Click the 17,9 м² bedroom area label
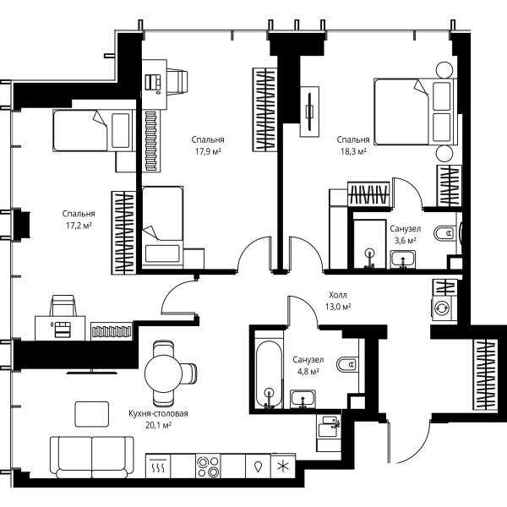tap(208, 151)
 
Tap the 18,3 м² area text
tap(353, 151)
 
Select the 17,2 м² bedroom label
tap(79, 226)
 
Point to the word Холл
tap(338, 295)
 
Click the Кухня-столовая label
tap(158, 413)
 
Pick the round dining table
tap(164, 373)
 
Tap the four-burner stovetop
tap(208, 466)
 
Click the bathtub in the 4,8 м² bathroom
tap(269, 374)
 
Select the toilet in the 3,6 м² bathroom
tap(445, 232)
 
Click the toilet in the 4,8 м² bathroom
tap(347, 364)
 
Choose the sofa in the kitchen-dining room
tap(92, 457)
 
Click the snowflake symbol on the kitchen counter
tap(283, 466)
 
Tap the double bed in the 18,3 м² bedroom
tap(415, 112)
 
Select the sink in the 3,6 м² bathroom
tap(403, 259)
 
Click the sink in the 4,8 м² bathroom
tap(303, 399)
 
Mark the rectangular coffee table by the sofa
tap(92, 414)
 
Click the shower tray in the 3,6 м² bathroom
tap(370, 244)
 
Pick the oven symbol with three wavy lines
tap(158, 466)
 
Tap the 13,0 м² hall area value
tap(338, 307)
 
